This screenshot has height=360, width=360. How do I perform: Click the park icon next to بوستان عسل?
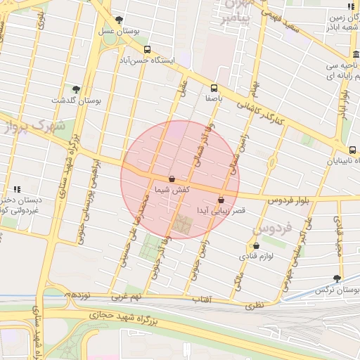pos(118,20)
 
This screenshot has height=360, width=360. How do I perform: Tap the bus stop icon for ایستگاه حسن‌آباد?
pos(147,49)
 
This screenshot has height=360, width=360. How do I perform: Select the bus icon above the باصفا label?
pos(213,88)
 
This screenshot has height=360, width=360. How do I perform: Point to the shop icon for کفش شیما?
pos(172,179)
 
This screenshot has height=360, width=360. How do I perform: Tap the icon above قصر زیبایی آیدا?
pos(221,199)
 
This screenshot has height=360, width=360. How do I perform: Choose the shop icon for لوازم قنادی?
pos(255,245)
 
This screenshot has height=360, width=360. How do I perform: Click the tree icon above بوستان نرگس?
pos(337,278)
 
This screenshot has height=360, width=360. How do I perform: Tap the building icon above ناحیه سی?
pos(352,55)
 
